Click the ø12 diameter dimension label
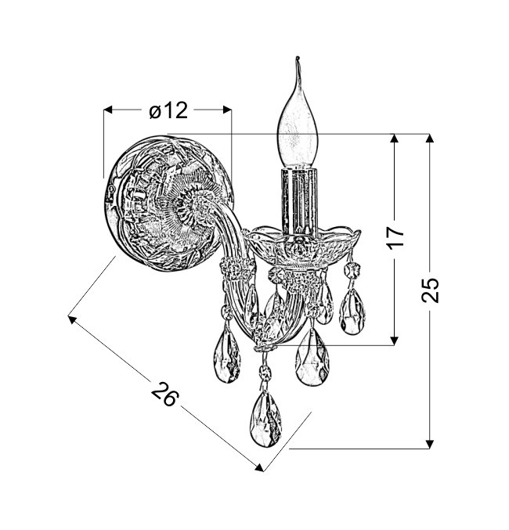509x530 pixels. coord(168,110)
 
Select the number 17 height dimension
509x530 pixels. coord(396,237)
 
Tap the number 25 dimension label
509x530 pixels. coord(430,290)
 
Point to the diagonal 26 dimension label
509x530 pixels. coord(164,394)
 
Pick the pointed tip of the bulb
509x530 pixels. coord(298,57)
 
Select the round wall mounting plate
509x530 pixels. coord(168,203)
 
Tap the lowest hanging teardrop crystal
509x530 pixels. coord(265,419)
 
